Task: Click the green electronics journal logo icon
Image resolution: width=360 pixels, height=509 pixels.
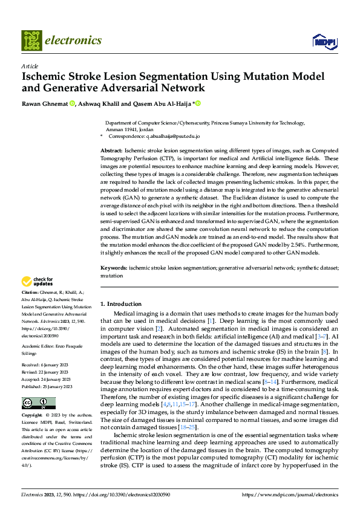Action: click(x=31, y=41)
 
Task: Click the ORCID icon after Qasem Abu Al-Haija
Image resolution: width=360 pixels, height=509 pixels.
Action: click(x=197, y=103)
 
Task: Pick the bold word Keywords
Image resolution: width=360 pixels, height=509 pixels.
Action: click(x=113, y=267)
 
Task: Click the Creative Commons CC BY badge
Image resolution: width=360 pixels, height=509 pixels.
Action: click(x=38, y=403)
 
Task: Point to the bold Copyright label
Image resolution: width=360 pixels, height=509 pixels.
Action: click(x=33, y=416)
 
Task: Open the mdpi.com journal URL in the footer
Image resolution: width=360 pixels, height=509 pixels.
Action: click(x=290, y=494)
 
